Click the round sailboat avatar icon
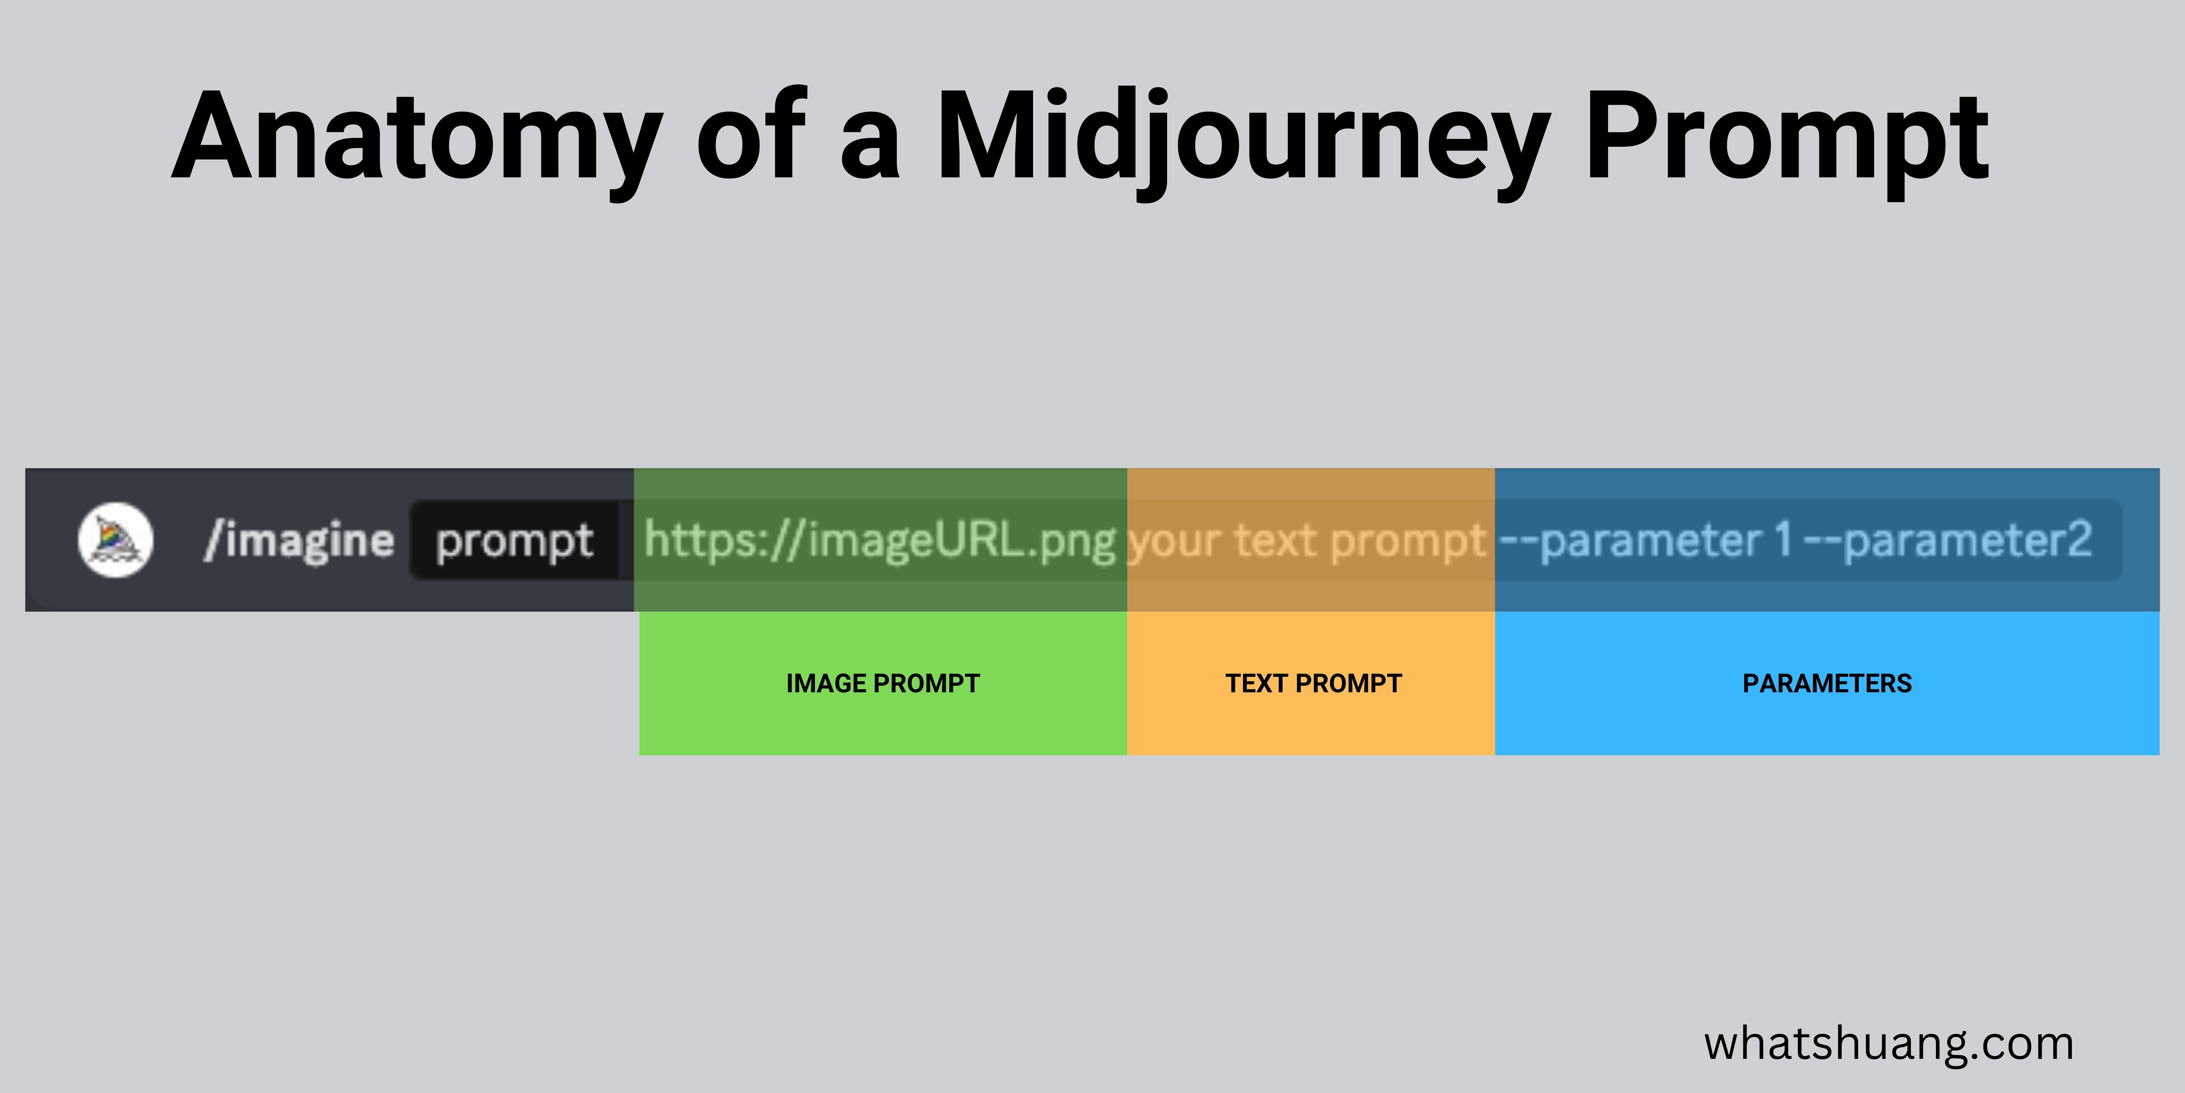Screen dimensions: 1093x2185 [x=115, y=540]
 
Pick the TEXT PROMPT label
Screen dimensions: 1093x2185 [x=1313, y=683]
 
